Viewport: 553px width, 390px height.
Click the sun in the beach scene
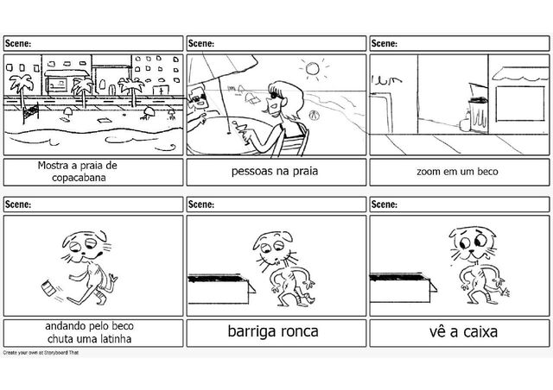coord(313,69)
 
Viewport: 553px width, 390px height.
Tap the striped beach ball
coord(313,115)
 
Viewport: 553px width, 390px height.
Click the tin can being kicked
coord(48,287)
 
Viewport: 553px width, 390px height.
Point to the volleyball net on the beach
coord(31,112)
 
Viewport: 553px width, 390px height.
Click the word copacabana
coord(79,178)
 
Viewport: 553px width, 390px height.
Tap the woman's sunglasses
coord(274,95)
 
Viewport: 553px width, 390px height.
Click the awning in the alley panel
coord(520,73)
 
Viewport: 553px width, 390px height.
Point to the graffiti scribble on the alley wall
coord(386,81)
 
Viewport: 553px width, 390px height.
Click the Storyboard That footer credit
coord(41,353)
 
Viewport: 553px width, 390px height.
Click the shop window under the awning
coord(520,104)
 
